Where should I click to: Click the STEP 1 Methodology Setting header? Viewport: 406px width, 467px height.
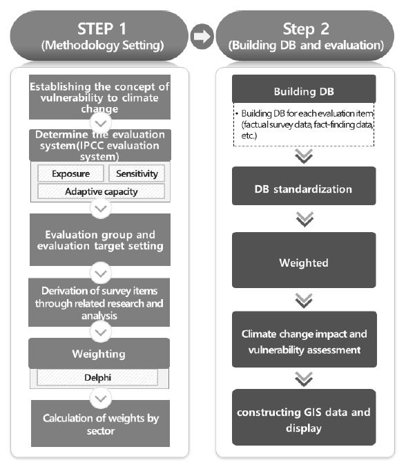(x=99, y=36)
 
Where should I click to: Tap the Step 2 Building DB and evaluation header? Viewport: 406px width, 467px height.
(x=305, y=36)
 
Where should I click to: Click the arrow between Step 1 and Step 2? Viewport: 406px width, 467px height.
(x=202, y=37)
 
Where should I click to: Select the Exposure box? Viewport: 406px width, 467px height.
(x=71, y=173)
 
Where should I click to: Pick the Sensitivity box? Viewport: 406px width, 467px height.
(x=137, y=173)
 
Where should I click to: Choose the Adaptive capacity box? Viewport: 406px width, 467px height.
(x=101, y=191)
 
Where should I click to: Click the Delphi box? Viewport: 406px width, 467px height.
(x=97, y=377)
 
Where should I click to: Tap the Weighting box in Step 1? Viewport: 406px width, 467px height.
(x=99, y=353)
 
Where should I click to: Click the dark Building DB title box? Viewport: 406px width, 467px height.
(x=304, y=89)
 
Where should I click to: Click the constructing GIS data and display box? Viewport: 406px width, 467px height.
(x=304, y=417)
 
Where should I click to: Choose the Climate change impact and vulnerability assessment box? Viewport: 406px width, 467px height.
(x=304, y=339)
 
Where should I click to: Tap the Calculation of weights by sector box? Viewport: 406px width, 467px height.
(x=101, y=423)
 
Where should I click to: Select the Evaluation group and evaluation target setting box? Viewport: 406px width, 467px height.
(x=100, y=240)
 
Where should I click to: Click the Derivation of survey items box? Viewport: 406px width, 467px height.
(x=99, y=303)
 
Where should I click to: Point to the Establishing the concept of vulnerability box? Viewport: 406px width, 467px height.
(x=99, y=97)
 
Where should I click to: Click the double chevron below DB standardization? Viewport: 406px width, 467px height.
(x=304, y=219)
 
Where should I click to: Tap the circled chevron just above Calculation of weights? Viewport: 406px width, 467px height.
(x=101, y=398)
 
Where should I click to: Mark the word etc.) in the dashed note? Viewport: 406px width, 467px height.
(x=249, y=136)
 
